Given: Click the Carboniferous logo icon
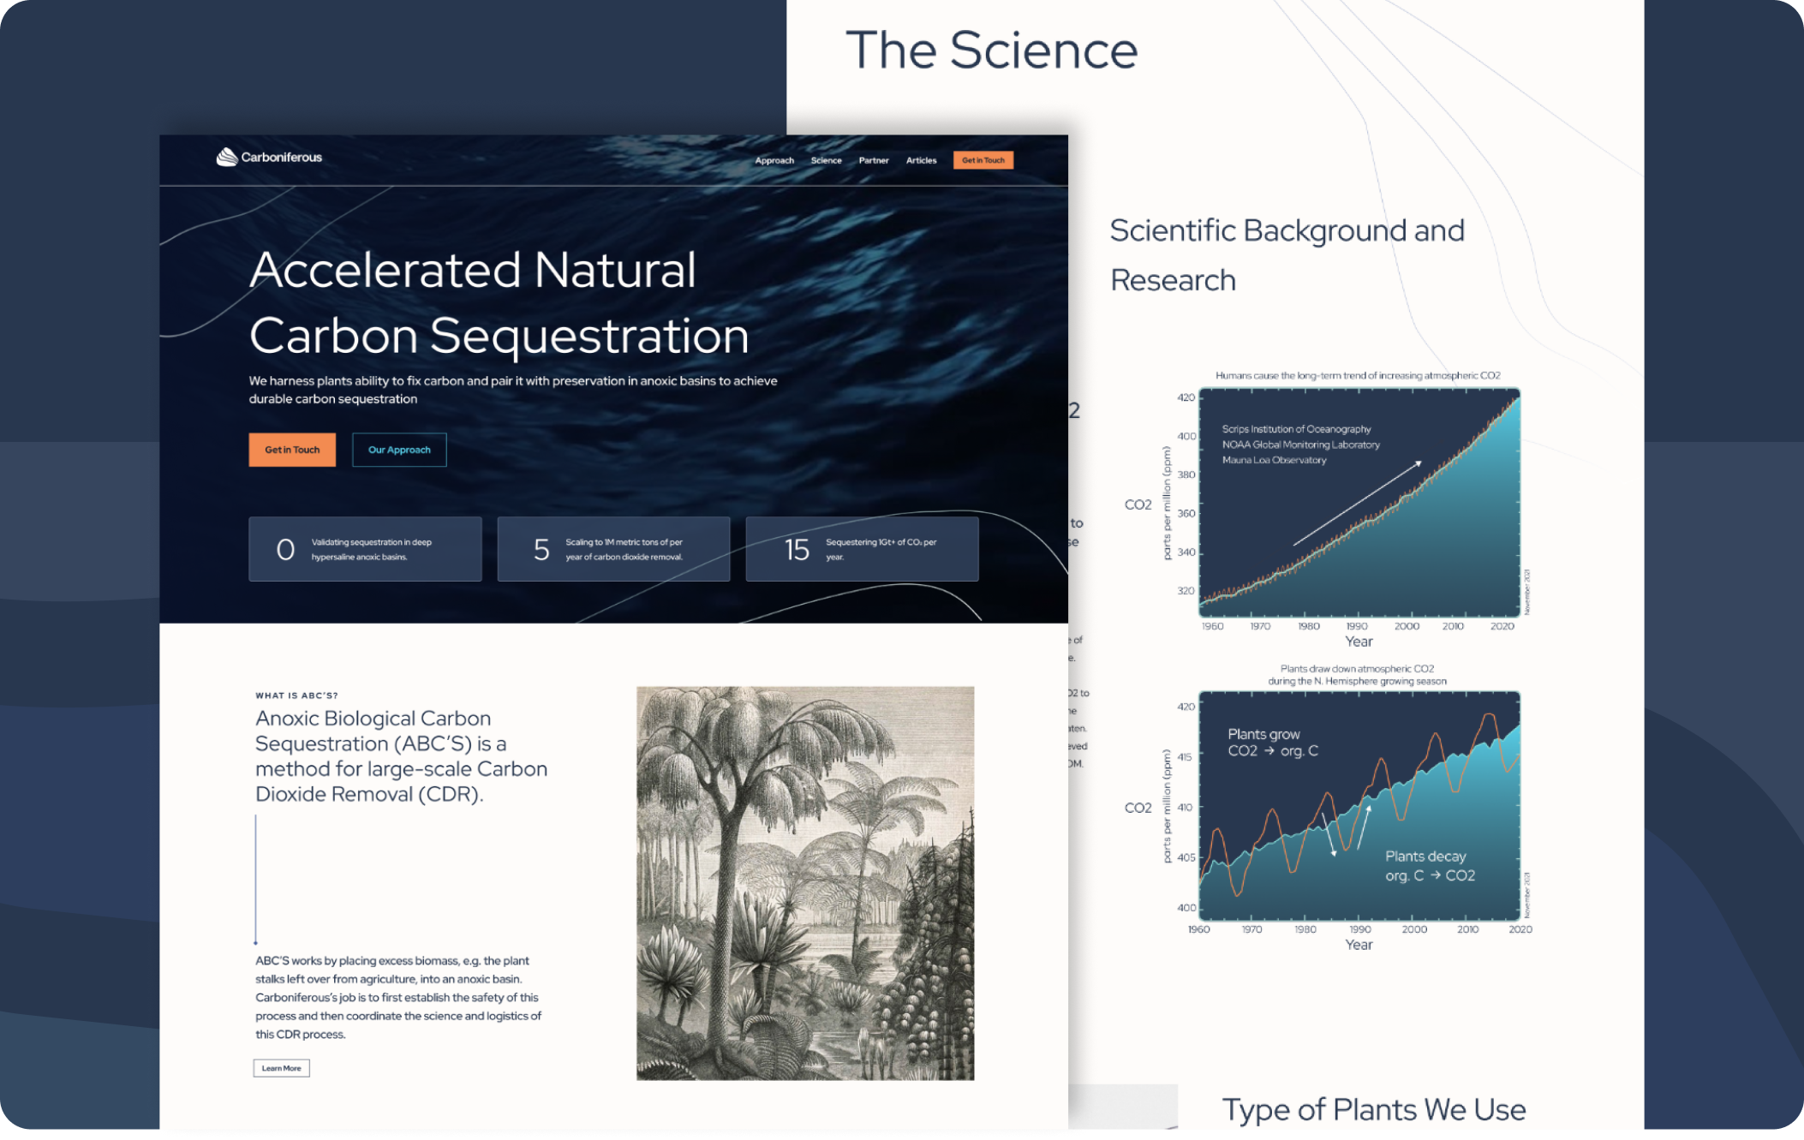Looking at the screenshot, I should (x=227, y=157).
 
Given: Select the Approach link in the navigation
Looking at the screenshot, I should (x=774, y=160).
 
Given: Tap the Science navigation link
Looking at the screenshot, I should (x=826, y=160).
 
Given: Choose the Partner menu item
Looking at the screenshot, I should (x=874, y=160).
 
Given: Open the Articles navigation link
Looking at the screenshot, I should (x=921, y=160).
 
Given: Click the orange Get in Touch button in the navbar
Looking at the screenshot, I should (x=983, y=160).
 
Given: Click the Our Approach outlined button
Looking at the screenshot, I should (x=399, y=450).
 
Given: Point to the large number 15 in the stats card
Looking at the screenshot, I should (x=797, y=549).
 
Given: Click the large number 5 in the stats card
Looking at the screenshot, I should (x=541, y=549).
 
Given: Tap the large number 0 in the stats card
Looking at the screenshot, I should (x=285, y=549).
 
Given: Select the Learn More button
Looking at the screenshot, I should (x=281, y=1068).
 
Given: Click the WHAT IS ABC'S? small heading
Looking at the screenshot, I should (x=296, y=695).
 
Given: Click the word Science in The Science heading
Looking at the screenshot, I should (x=1043, y=50).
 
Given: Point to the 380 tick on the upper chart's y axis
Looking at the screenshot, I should (x=1186, y=475).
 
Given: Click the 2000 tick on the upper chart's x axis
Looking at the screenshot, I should (x=1407, y=626).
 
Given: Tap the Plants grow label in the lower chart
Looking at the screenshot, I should (x=1263, y=734).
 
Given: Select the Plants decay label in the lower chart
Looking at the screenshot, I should (x=1425, y=856).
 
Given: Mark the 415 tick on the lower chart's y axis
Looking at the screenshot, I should (x=1184, y=757).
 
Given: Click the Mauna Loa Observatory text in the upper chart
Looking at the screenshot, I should (x=1274, y=460).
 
